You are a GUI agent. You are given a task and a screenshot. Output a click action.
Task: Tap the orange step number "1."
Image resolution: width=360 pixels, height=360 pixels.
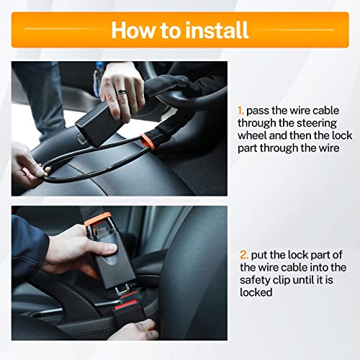[241, 111]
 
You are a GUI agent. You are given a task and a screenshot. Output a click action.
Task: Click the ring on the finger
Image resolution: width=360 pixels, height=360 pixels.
[122, 91]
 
